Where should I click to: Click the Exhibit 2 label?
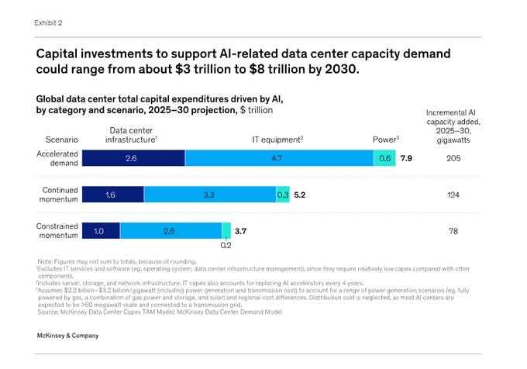pos(49,22)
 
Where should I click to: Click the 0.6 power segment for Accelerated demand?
pos(384,158)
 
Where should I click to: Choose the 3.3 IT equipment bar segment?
pos(209,195)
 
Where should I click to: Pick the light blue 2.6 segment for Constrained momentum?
pos(170,230)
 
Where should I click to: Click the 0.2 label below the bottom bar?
pos(226,246)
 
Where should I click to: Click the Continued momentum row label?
pos(57,195)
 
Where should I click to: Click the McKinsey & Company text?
pos(67,336)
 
